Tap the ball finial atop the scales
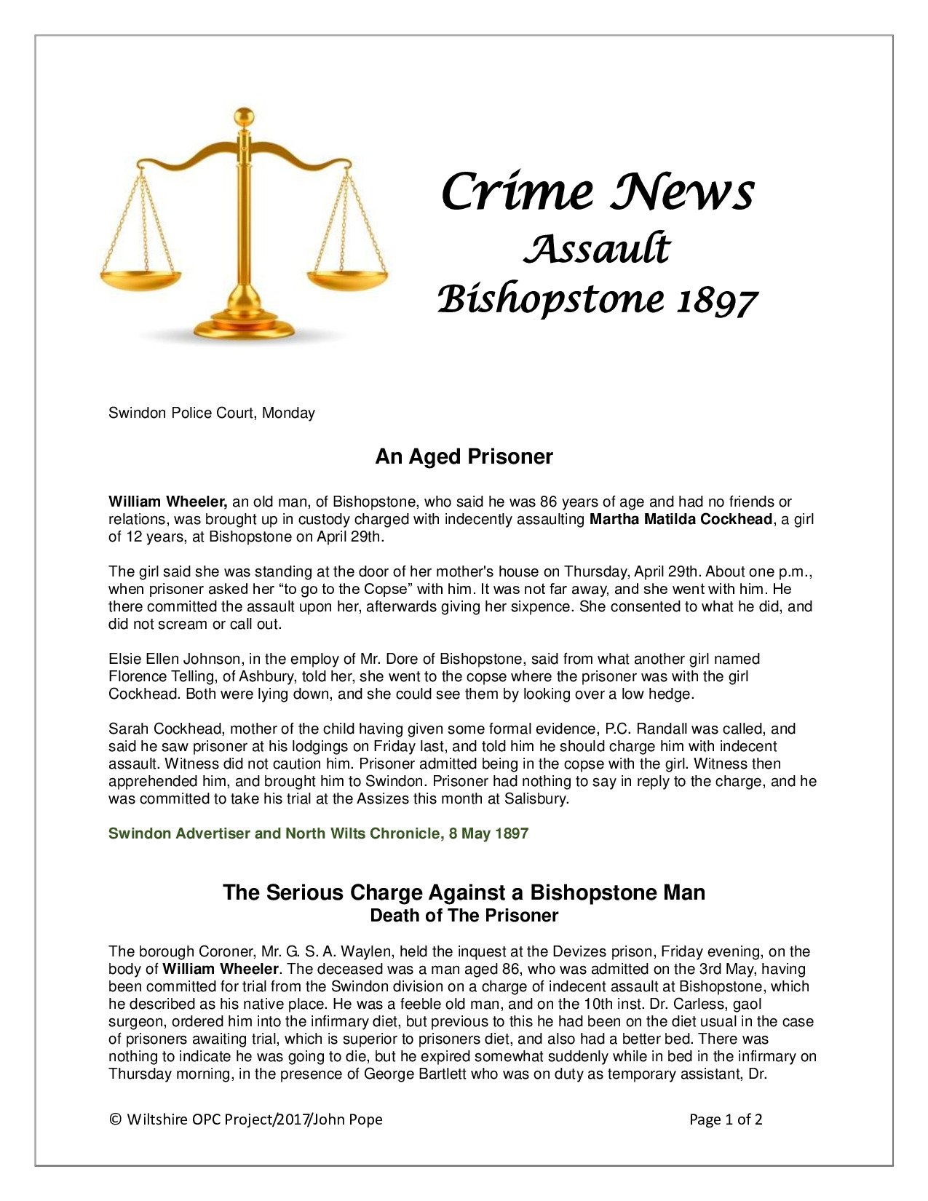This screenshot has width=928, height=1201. point(245,117)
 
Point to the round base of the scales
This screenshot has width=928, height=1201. point(245,326)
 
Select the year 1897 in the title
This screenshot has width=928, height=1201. point(717,300)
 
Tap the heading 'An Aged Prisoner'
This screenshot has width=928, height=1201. point(464,456)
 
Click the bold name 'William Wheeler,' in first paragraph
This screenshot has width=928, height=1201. point(168,502)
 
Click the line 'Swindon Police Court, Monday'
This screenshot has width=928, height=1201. point(212,413)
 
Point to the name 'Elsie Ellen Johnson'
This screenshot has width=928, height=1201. point(175,659)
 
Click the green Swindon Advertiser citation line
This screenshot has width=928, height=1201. point(318,833)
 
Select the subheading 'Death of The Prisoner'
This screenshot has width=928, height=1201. point(464,916)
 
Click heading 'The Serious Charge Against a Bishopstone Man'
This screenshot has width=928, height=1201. point(464,892)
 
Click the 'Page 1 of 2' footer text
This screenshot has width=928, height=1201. point(726,1119)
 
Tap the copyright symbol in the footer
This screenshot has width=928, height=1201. point(114,1119)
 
